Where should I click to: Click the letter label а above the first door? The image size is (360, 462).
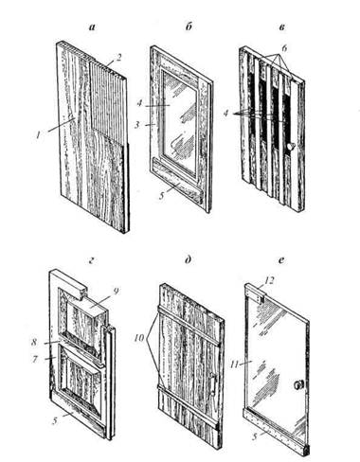click(92, 27)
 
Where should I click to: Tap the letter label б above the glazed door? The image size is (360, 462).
click(189, 27)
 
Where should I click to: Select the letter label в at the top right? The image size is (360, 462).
click(282, 27)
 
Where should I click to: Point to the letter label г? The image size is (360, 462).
click(92, 260)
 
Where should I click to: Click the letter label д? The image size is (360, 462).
click(189, 260)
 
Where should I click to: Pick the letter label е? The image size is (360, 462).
click(282, 260)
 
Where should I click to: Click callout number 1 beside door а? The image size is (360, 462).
click(38, 135)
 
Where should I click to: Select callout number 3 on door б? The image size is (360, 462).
click(137, 125)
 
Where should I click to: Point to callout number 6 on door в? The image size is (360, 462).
click(284, 48)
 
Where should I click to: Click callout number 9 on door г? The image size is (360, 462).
click(116, 291)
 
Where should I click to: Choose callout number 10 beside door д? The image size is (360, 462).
click(140, 338)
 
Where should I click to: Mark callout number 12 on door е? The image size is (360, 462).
click(269, 280)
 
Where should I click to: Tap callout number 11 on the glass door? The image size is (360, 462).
click(235, 364)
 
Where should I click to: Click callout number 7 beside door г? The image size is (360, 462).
click(35, 359)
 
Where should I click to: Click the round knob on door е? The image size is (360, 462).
click(298, 384)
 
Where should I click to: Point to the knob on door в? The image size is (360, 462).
click(291, 147)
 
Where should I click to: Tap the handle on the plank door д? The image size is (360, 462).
click(213, 384)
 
